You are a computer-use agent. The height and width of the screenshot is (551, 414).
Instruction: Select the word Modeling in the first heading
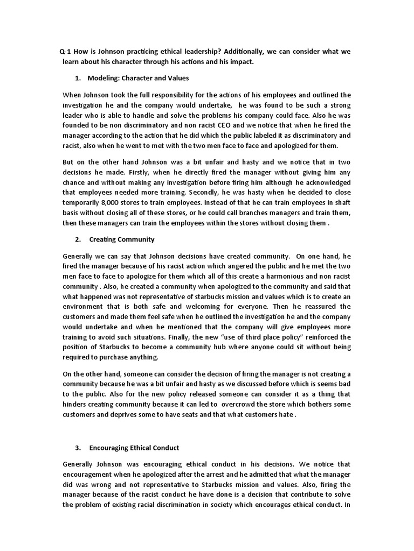[x=103, y=78]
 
